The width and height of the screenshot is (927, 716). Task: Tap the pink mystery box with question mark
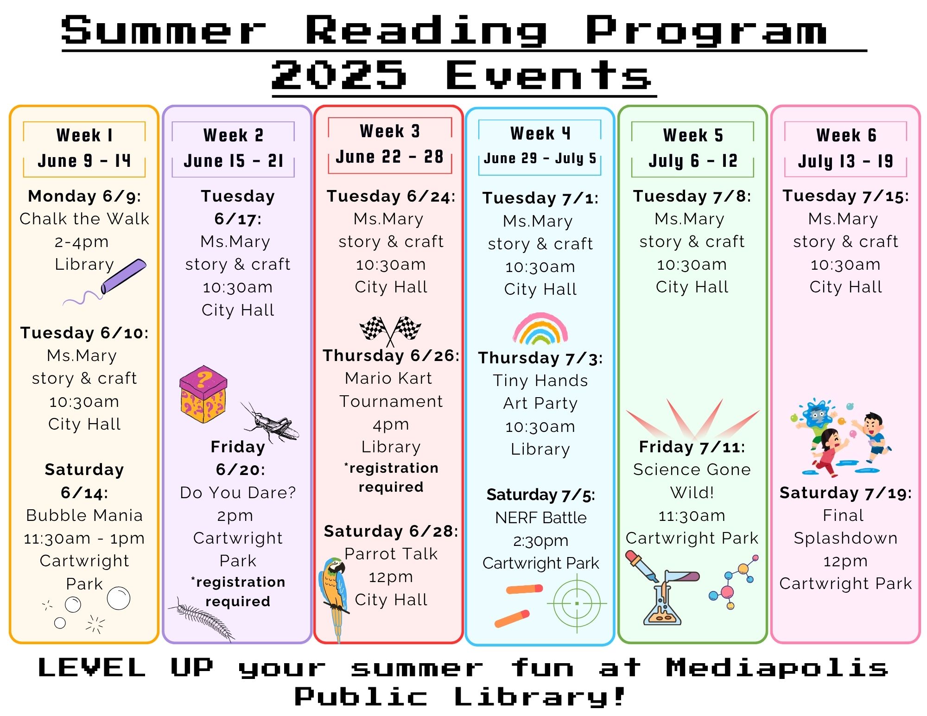point(203,394)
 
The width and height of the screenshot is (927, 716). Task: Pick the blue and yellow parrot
point(333,598)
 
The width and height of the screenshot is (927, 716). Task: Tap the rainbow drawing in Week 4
point(540,329)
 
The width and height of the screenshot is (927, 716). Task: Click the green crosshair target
point(577,603)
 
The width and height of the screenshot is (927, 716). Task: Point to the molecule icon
point(734,583)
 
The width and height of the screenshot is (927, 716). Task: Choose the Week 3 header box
point(390,145)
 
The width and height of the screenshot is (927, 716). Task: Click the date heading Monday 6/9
point(84,196)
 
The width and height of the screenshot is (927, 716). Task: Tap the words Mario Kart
point(388,378)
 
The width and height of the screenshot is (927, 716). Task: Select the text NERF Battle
point(541,518)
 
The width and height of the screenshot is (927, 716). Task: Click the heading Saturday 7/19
point(845,493)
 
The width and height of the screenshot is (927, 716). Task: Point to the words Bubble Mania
point(84,515)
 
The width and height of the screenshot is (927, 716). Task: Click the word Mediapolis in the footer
point(777,669)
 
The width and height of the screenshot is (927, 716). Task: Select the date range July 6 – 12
point(693,161)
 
